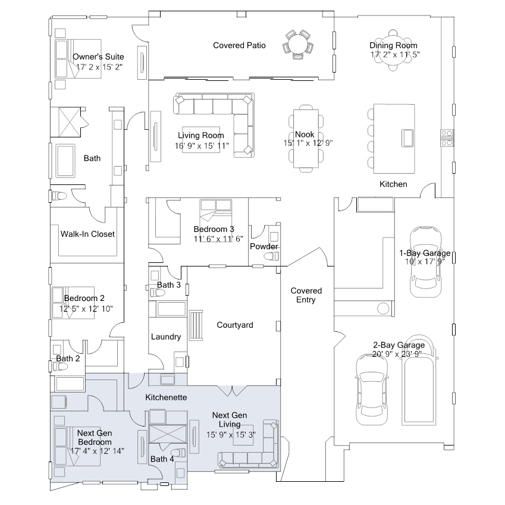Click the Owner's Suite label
98,57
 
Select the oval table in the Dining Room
393,51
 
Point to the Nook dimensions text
308,143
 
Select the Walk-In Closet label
87,234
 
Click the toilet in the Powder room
272,256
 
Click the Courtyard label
235,325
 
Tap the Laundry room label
166,337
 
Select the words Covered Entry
306,295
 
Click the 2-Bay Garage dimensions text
399,353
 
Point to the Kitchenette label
167,397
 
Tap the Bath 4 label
162,459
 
